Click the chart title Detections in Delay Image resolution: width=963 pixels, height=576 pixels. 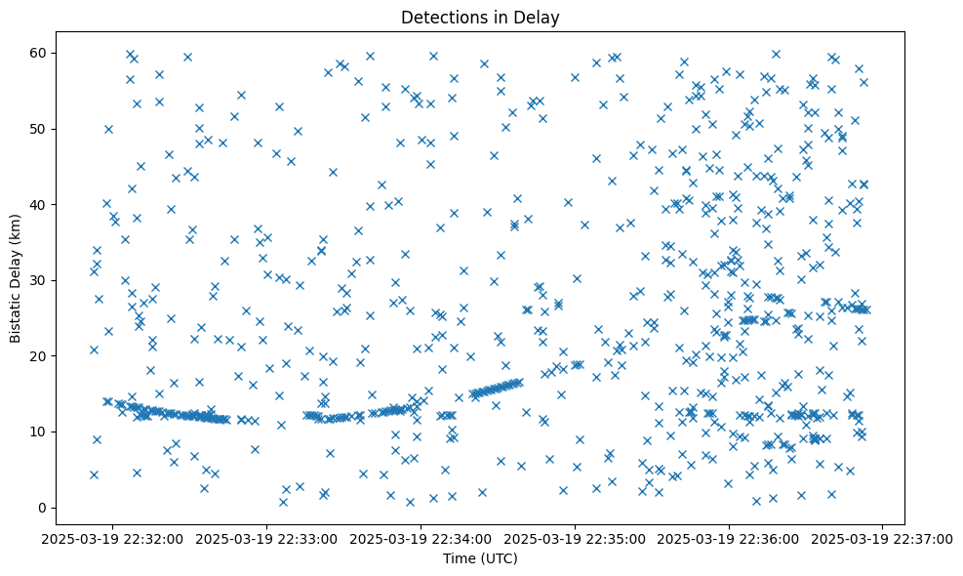[x=481, y=17]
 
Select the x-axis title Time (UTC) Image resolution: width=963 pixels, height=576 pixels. [x=481, y=558]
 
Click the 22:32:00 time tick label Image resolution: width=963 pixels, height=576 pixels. [x=113, y=538]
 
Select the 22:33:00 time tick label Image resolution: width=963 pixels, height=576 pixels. [x=266, y=538]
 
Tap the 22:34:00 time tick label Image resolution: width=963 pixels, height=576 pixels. [x=421, y=538]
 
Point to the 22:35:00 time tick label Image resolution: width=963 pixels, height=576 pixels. [x=575, y=538]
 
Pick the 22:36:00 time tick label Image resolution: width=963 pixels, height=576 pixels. [x=729, y=538]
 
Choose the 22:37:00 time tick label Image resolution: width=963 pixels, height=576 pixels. [x=883, y=538]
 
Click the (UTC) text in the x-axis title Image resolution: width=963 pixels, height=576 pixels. [x=499, y=558]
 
